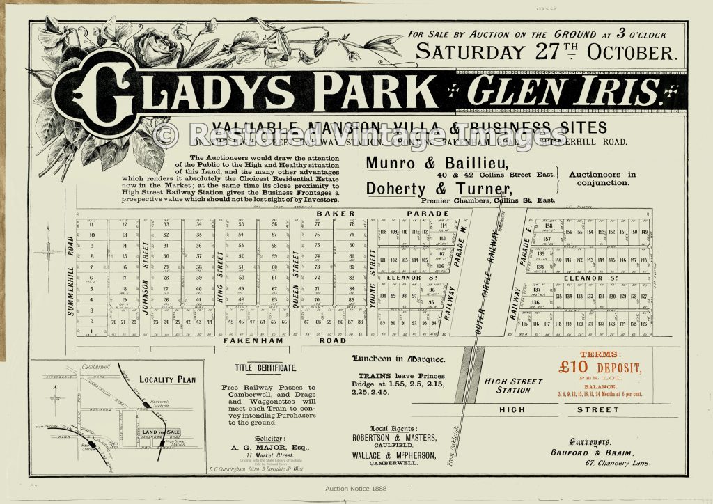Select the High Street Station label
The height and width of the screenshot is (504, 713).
pos(513,385)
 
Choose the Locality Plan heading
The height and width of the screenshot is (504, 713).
pos(167,380)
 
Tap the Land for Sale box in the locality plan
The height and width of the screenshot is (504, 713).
pos(162,432)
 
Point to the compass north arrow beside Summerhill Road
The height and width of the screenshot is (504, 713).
pos(48,248)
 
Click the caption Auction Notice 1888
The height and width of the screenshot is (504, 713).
pos(356,489)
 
